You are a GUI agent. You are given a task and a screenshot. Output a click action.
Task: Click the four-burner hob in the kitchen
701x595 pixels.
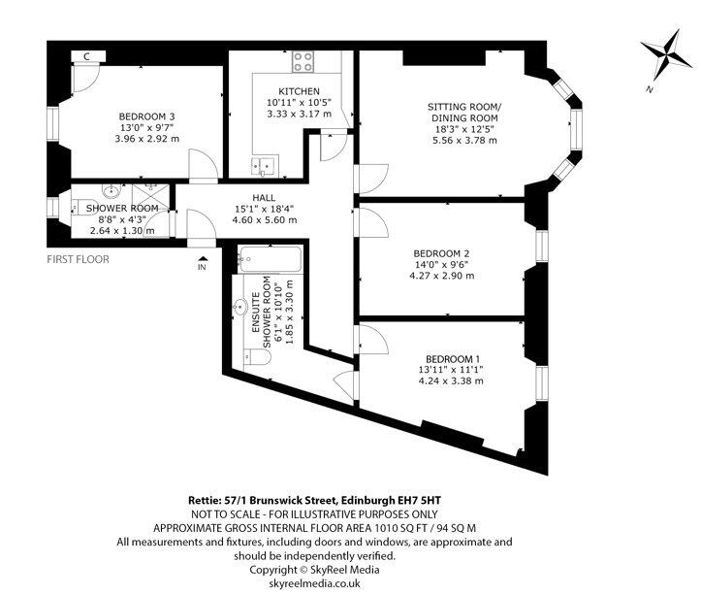coord(303,62)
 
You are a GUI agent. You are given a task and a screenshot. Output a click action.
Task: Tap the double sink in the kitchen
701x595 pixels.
coord(265,166)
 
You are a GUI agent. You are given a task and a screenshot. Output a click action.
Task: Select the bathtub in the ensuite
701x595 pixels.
coord(271,259)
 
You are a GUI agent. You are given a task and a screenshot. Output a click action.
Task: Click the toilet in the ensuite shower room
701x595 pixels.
coord(259,358)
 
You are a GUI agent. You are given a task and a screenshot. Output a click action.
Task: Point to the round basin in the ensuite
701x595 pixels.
coord(240,307)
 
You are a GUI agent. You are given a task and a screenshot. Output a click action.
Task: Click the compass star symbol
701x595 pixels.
coord(666,53)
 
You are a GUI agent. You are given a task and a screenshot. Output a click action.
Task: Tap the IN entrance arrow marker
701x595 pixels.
coord(202,263)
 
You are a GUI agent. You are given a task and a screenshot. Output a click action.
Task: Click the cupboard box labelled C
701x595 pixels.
coord(88,56)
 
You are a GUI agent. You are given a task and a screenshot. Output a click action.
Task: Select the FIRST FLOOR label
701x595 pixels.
coord(78,259)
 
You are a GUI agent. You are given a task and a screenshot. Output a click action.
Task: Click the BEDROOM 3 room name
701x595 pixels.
coord(146,116)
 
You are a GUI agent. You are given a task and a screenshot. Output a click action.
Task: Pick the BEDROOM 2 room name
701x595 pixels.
coord(442,253)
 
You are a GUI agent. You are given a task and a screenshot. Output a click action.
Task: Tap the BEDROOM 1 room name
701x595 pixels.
coord(453,359)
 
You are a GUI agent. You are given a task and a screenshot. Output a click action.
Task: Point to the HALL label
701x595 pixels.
coord(264,197)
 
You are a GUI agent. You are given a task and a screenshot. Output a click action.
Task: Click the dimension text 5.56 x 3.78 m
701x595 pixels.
coord(464,141)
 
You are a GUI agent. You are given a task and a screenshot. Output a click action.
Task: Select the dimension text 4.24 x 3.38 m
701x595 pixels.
coord(451,381)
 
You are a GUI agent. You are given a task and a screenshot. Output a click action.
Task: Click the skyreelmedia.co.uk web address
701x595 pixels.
coord(315,583)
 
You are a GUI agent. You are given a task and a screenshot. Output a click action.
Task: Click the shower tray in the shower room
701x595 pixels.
coord(150,197)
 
